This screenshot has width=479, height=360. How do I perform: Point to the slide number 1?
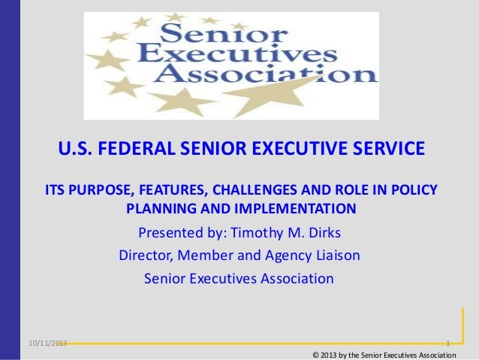point(447,343)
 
